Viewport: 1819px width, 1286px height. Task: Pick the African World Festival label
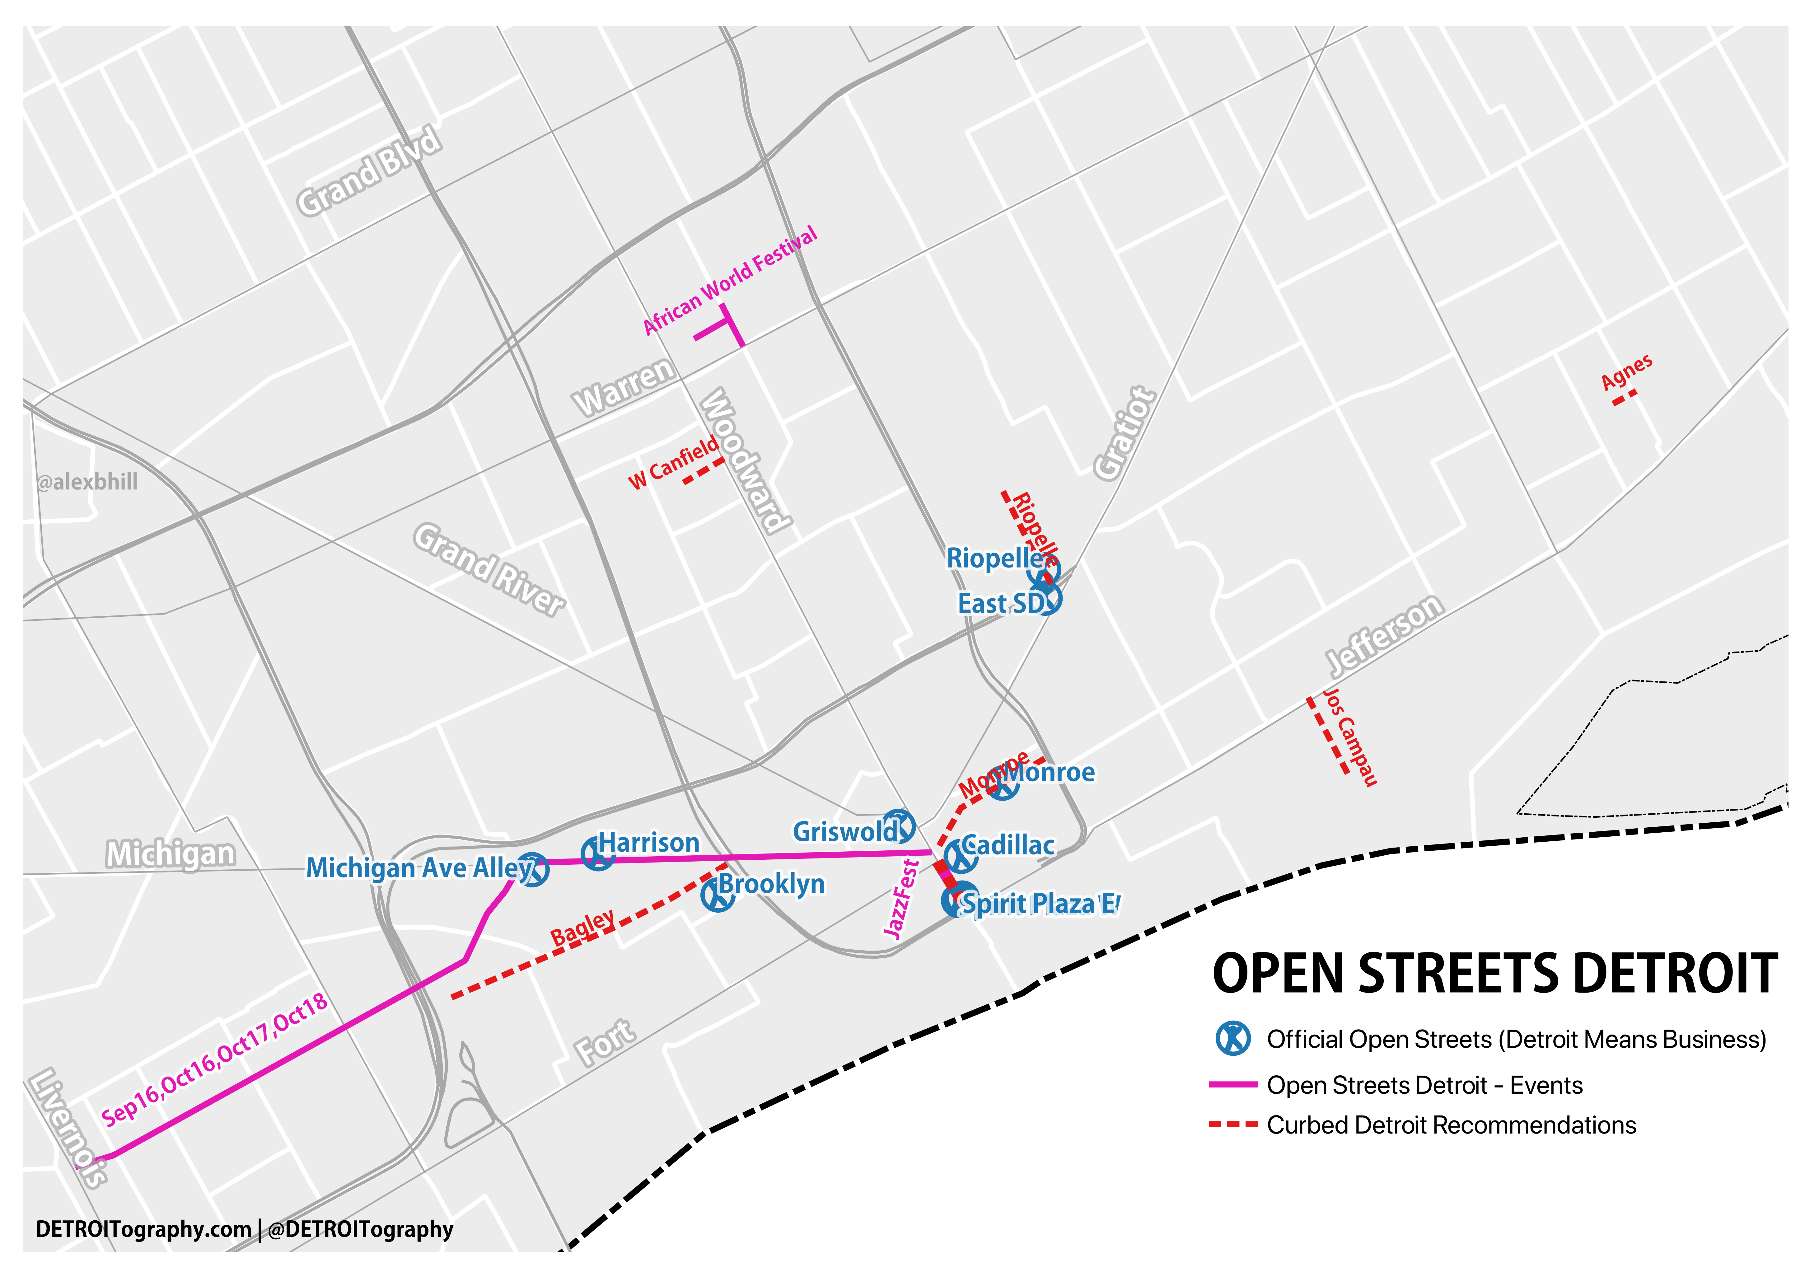pos(730,281)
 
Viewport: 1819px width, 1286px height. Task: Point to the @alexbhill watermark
pos(87,482)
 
